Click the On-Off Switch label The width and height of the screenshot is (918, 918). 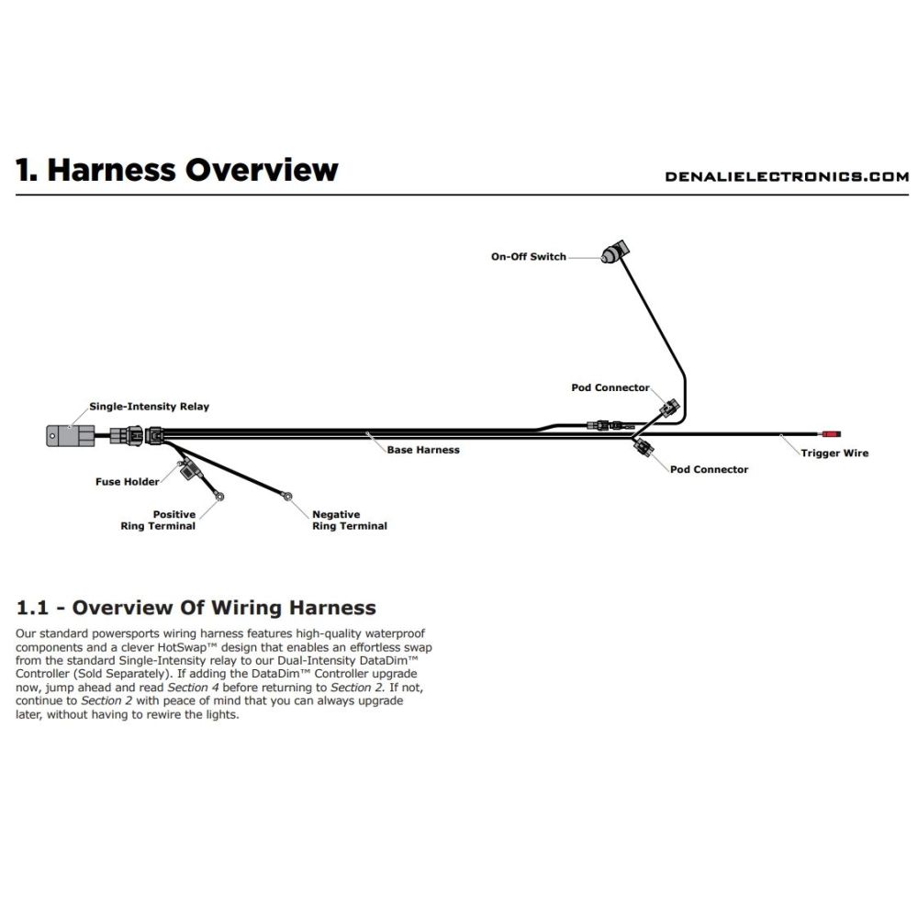click(x=528, y=256)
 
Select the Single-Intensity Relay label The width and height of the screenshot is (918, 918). click(x=149, y=407)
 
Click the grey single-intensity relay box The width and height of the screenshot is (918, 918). click(x=71, y=435)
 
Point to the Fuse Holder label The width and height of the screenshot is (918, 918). click(x=127, y=482)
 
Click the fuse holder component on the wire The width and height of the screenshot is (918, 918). click(x=188, y=469)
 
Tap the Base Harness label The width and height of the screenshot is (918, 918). click(x=423, y=450)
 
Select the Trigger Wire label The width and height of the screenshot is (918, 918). click(x=834, y=453)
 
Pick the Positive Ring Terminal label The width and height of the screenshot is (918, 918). click(x=158, y=520)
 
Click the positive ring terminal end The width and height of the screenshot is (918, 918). click(x=220, y=497)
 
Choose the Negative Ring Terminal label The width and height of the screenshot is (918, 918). click(x=350, y=520)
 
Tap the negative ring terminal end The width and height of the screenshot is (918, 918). click(x=287, y=496)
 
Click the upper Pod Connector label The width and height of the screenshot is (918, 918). click(x=610, y=387)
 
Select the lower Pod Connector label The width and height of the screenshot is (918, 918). click(x=709, y=469)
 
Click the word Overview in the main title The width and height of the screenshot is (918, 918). click(x=262, y=170)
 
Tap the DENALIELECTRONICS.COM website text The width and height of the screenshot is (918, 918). click(x=787, y=177)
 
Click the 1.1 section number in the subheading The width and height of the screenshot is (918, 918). click(x=32, y=608)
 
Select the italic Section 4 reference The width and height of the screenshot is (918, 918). click(x=193, y=688)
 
